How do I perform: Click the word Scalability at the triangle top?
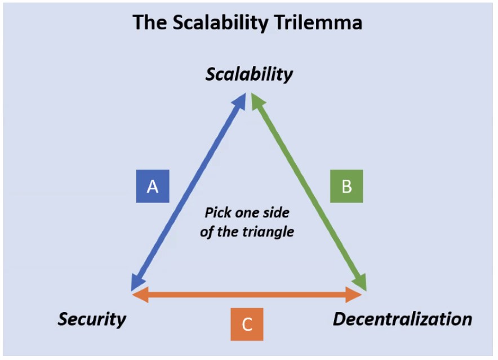pos(249,74)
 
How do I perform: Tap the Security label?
pos(92,319)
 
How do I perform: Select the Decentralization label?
pos(402,319)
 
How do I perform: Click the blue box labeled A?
pos(153,186)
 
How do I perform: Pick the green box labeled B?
pos(346,186)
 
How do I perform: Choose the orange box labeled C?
pos(247,325)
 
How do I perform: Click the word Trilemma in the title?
pos(322,23)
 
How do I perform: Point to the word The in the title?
pos(149,23)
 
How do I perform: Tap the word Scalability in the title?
pos(225,23)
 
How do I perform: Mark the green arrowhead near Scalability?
pos(257,100)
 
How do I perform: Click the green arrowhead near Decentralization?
pos(361,283)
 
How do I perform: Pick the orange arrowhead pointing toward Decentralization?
pos(355,295)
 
